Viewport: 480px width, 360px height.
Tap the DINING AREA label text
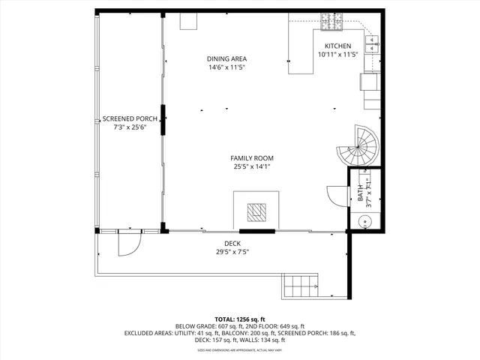click(x=227, y=58)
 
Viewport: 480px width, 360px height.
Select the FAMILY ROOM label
click(x=251, y=158)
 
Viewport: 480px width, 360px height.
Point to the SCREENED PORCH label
click(x=129, y=119)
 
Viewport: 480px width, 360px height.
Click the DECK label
click(x=232, y=244)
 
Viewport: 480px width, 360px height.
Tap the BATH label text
click(x=360, y=194)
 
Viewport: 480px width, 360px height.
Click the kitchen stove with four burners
click(x=330, y=22)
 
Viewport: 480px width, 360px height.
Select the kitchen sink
click(x=373, y=45)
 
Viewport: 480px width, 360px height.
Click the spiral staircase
click(x=359, y=145)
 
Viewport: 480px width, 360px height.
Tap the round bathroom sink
click(x=364, y=221)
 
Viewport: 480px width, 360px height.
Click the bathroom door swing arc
click(x=336, y=197)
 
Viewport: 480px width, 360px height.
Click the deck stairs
click(x=301, y=286)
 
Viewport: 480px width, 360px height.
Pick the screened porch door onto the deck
click(x=127, y=243)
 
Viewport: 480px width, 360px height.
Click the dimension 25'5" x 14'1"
click(x=251, y=166)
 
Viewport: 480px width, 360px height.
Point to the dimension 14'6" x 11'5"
click(x=227, y=67)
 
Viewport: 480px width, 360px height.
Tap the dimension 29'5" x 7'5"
click(x=232, y=252)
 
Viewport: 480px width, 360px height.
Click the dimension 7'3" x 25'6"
click(x=129, y=127)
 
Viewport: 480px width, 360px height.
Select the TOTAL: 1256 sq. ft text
click(x=240, y=319)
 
